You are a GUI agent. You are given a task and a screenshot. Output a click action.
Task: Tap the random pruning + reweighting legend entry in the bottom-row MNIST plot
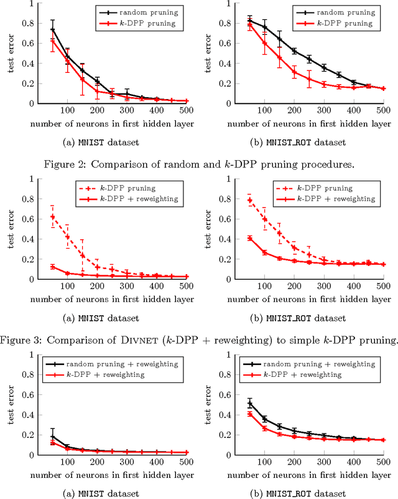click(x=124, y=364)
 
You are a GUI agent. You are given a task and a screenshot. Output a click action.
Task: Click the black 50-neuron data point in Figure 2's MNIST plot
click(x=52, y=29)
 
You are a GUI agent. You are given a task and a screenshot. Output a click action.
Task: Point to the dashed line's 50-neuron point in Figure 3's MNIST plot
click(x=52, y=217)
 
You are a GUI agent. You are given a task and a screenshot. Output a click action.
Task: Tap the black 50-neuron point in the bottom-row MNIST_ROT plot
click(x=250, y=403)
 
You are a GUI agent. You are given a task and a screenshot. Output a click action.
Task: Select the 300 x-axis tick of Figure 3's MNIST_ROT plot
click(x=323, y=287)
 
